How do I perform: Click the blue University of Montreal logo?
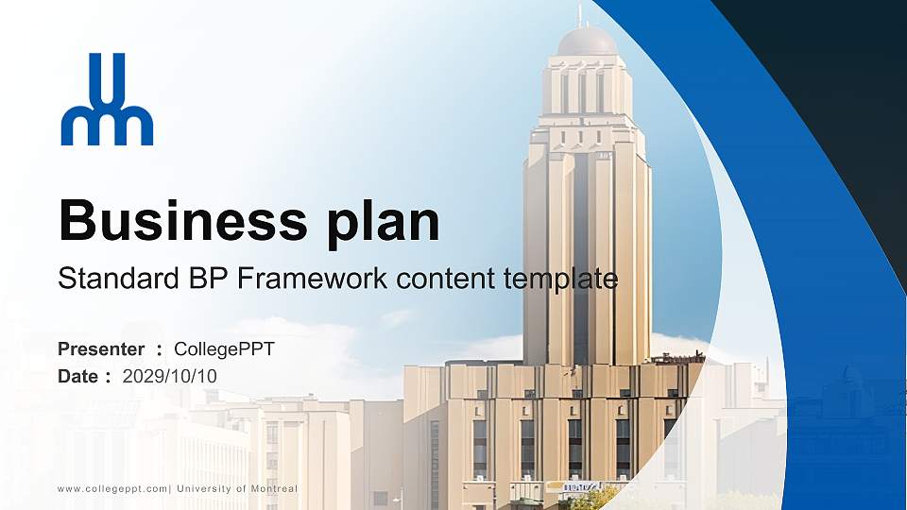(107, 100)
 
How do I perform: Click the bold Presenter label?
(101, 349)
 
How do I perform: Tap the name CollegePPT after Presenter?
(224, 349)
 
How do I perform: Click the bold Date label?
(78, 376)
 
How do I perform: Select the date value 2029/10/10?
(170, 376)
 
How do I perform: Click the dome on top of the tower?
(586, 42)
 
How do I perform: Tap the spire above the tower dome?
(580, 14)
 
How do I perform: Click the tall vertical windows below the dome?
(582, 92)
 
